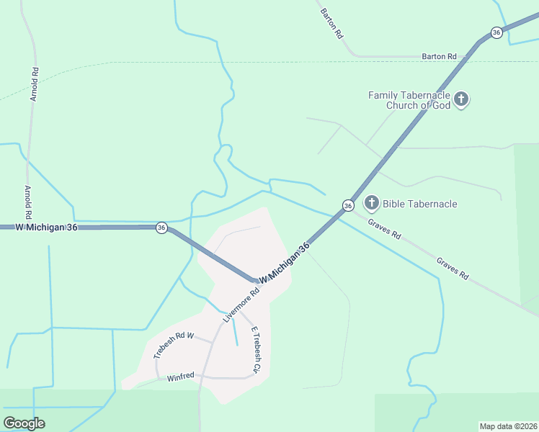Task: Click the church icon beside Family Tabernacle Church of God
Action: pyautogui.click(x=461, y=99)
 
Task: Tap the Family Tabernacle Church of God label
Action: pyautogui.click(x=409, y=100)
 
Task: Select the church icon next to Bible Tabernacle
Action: pyautogui.click(x=371, y=203)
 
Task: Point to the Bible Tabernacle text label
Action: pyautogui.click(x=420, y=204)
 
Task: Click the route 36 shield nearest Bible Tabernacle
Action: pyautogui.click(x=348, y=206)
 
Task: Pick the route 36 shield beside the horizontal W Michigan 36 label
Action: pyautogui.click(x=161, y=228)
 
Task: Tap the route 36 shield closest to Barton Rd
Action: pyautogui.click(x=496, y=32)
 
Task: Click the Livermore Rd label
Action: pyautogui.click(x=241, y=305)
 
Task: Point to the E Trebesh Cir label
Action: pyautogui.click(x=254, y=350)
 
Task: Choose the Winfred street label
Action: pyautogui.click(x=181, y=377)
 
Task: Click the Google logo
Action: pyautogui.click(x=24, y=423)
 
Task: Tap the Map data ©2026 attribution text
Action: pyautogui.click(x=508, y=426)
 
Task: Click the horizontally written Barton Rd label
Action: pyautogui.click(x=439, y=56)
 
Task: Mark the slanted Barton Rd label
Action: pyautogui.click(x=330, y=24)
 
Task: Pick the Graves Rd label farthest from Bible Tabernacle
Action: pyautogui.click(x=452, y=267)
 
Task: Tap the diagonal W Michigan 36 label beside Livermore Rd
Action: pyautogui.click(x=285, y=262)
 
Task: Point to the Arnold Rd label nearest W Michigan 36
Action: pyautogui.click(x=28, y=202)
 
